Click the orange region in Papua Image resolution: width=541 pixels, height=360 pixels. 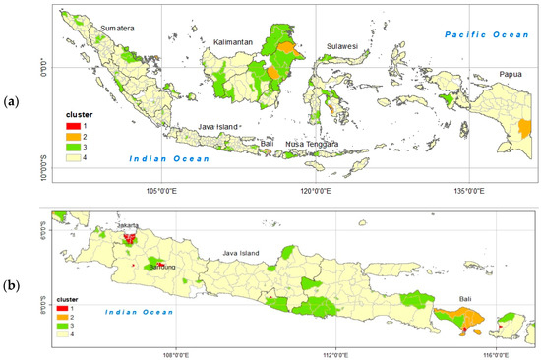[x=524, y=128]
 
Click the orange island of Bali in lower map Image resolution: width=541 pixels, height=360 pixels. [x=457, y=318]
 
